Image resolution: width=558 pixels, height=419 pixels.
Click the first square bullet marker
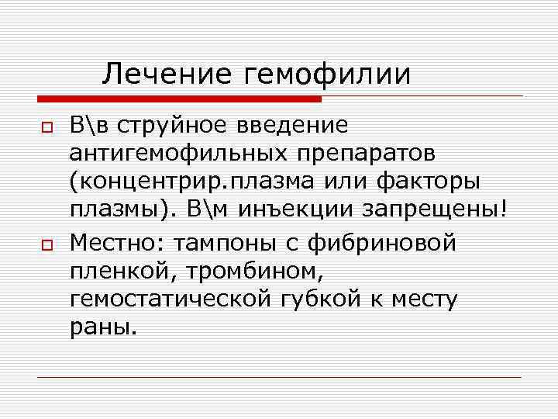click(46, 126)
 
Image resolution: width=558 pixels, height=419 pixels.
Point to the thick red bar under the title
click(179, 99)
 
